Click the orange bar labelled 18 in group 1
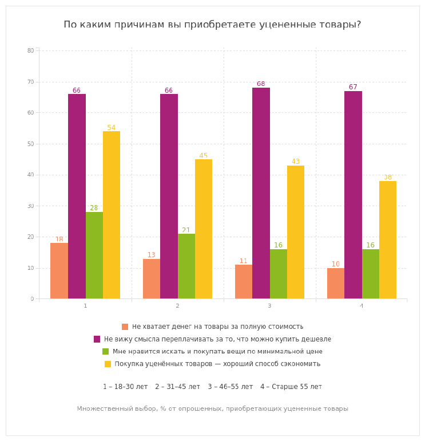[x=59, y=271]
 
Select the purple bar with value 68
[x=261, y=193]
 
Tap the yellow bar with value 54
[x=112, y=215]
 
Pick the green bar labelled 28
[x=94, y=256]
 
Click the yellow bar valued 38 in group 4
[x=388, y=240]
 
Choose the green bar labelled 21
[x=186, y=266]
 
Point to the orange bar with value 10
[x=336, y=284]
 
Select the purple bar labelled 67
[x=353, y=195]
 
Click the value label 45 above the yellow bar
[x=204, y=156]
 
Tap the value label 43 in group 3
[x=296, y=162]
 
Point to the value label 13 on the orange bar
[x=151, y=255]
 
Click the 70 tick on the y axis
[x=31, y=82]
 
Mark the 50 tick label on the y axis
[x=31, y=144]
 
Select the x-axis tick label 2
[x=177, y=306]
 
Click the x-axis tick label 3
[x=269, y=306]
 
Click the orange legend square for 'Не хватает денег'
[x=125, y=327]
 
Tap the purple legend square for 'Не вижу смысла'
[x=97, y=339]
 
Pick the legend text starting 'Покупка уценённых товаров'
[x=217, y=364]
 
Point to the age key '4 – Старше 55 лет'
[x=291, y=387]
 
